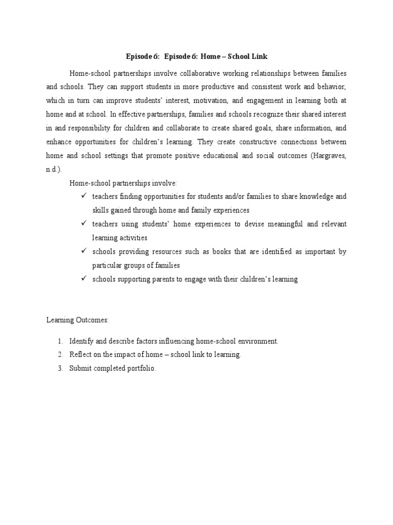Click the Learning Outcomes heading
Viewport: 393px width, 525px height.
[x=77, y=320]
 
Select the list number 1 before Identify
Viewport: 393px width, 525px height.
[x=59, y=341]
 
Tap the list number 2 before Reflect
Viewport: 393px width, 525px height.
[x=59, y=355]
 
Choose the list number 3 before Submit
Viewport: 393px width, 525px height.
[x=59, y=369]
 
